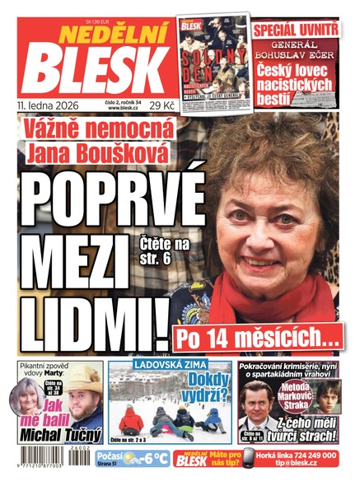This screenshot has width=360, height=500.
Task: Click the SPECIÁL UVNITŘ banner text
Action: click(296, 30)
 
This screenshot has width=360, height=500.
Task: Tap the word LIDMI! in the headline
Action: click(91, 314)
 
